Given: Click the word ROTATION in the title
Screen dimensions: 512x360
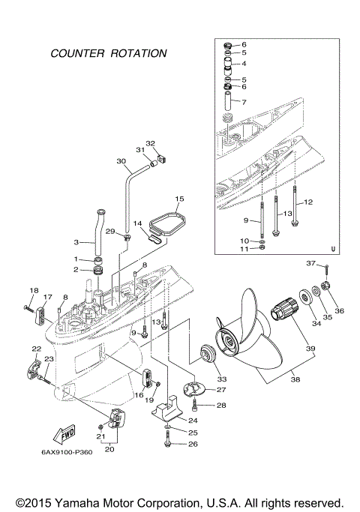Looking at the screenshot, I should tap(137, 54).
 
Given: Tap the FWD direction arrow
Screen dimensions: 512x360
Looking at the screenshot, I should tap(64, 436).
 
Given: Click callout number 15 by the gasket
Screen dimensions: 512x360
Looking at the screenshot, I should tap(179, 199).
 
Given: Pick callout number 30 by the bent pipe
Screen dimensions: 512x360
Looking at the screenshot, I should tap(121, 161).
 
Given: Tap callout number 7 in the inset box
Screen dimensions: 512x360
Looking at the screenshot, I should tap(244, 100).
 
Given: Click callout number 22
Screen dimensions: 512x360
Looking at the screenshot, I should tap(35, 349).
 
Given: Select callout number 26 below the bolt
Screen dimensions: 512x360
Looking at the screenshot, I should tap(193, 445).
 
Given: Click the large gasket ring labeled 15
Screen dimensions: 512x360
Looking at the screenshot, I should tap(166, 222).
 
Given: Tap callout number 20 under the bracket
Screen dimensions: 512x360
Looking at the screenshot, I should tap(110, 449).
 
